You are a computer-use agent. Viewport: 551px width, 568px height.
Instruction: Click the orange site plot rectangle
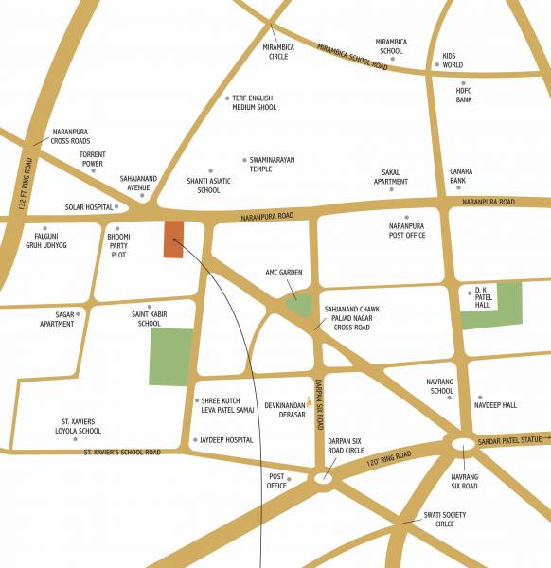point(173,240)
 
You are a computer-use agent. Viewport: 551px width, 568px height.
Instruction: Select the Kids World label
point(453,61)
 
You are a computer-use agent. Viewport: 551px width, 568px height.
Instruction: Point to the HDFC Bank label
point(464,95)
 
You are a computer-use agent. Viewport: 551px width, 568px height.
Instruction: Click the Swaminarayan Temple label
point(273,164)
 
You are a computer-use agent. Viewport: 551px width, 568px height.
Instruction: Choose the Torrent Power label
point(93,159)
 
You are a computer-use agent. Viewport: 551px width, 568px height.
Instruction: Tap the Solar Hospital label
point(88,206)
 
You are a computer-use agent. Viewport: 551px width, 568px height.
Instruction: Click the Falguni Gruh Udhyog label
point(45,240)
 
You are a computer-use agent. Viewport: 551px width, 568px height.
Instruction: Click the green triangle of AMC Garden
point(299,305)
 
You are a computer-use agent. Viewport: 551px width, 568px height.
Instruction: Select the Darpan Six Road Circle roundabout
point(323,479)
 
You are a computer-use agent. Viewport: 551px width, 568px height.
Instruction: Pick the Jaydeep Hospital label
point(226,440)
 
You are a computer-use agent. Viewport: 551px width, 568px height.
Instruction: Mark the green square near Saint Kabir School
point(171,357)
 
